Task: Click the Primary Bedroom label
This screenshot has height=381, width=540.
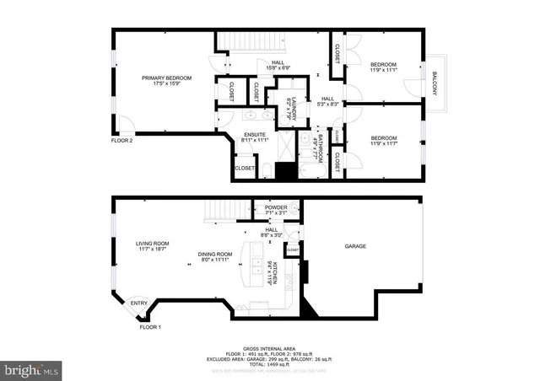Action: click(166, 78)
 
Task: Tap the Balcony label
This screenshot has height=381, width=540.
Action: click(435, 85)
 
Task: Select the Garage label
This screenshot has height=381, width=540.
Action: click(355, 246)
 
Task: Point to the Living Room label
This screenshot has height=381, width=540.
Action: click(153, 244)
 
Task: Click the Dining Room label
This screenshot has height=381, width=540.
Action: click(215, 254)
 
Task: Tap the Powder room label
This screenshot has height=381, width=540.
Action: click(276, 207)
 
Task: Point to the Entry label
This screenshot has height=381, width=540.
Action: click(139, 303)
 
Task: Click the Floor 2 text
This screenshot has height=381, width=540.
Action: click(122, 141)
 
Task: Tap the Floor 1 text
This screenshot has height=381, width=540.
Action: click(149, 326)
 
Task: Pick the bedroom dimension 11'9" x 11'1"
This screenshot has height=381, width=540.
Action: click(384, 71)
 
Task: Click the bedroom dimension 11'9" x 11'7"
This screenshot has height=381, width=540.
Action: click(384, 143)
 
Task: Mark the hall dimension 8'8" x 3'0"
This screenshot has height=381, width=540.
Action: click(271, 235)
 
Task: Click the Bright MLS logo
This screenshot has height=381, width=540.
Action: click(32, 369)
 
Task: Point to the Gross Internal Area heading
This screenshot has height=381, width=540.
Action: click(269, 347)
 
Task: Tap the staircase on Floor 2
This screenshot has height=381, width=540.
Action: click(240, 41)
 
